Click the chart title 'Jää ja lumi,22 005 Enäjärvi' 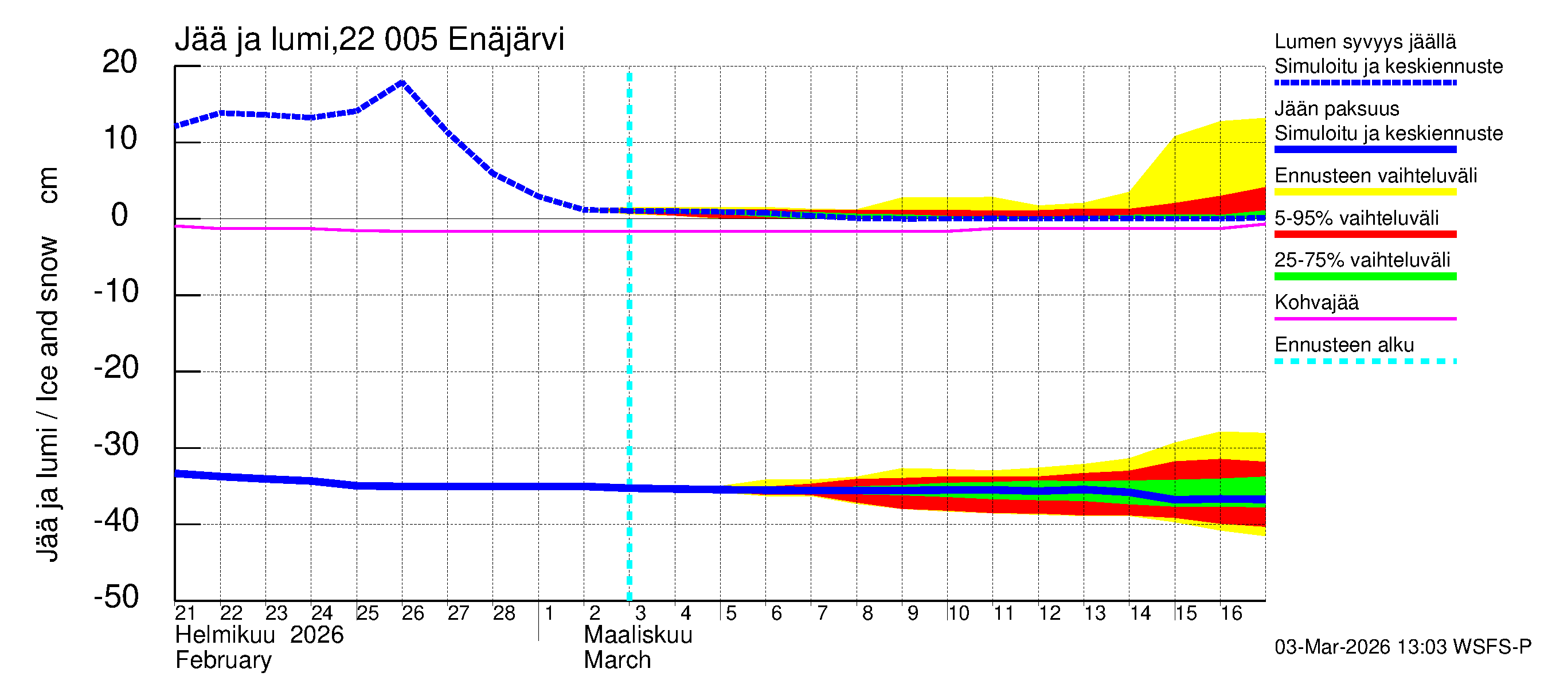pyautogui.click(x=369, y=40)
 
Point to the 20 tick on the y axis pyautogui.click(x=120, y=62)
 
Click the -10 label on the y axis pyautogui.click(x=116, y=291)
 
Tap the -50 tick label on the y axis pyautogui.click(x=116, y=597)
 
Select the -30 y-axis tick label pyautogui.click(x=116, y=445)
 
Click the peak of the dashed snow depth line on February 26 pyautogui.click(x=402, y=83)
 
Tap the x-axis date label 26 pyautogui.click(x=413, y=613)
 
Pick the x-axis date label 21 pyautogui.click(x=185, y=613)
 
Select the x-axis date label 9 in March pyautogui.click(x=912, y=613)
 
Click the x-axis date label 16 pyautogui.click(x=1231, y=613)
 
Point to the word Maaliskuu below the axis pyautogui.click(x=638, y=635)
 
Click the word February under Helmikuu pyautogui.click(x=223, y=660)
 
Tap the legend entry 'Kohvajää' pyautogui.click(x=1316, y=302)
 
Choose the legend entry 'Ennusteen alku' pyautogui.click(x=1344, y=345)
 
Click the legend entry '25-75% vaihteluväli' pyautogui.click(x=1362, y=260)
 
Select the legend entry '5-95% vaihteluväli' pyautogui.click(x=1356, y=218)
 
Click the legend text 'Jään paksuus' pyautogui.click(x=1336, y=109)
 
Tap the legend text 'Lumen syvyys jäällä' pyautogui.click(x=1365, y=41)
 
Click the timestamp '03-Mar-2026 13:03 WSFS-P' pyautogui.click(x=1402, y=647)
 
